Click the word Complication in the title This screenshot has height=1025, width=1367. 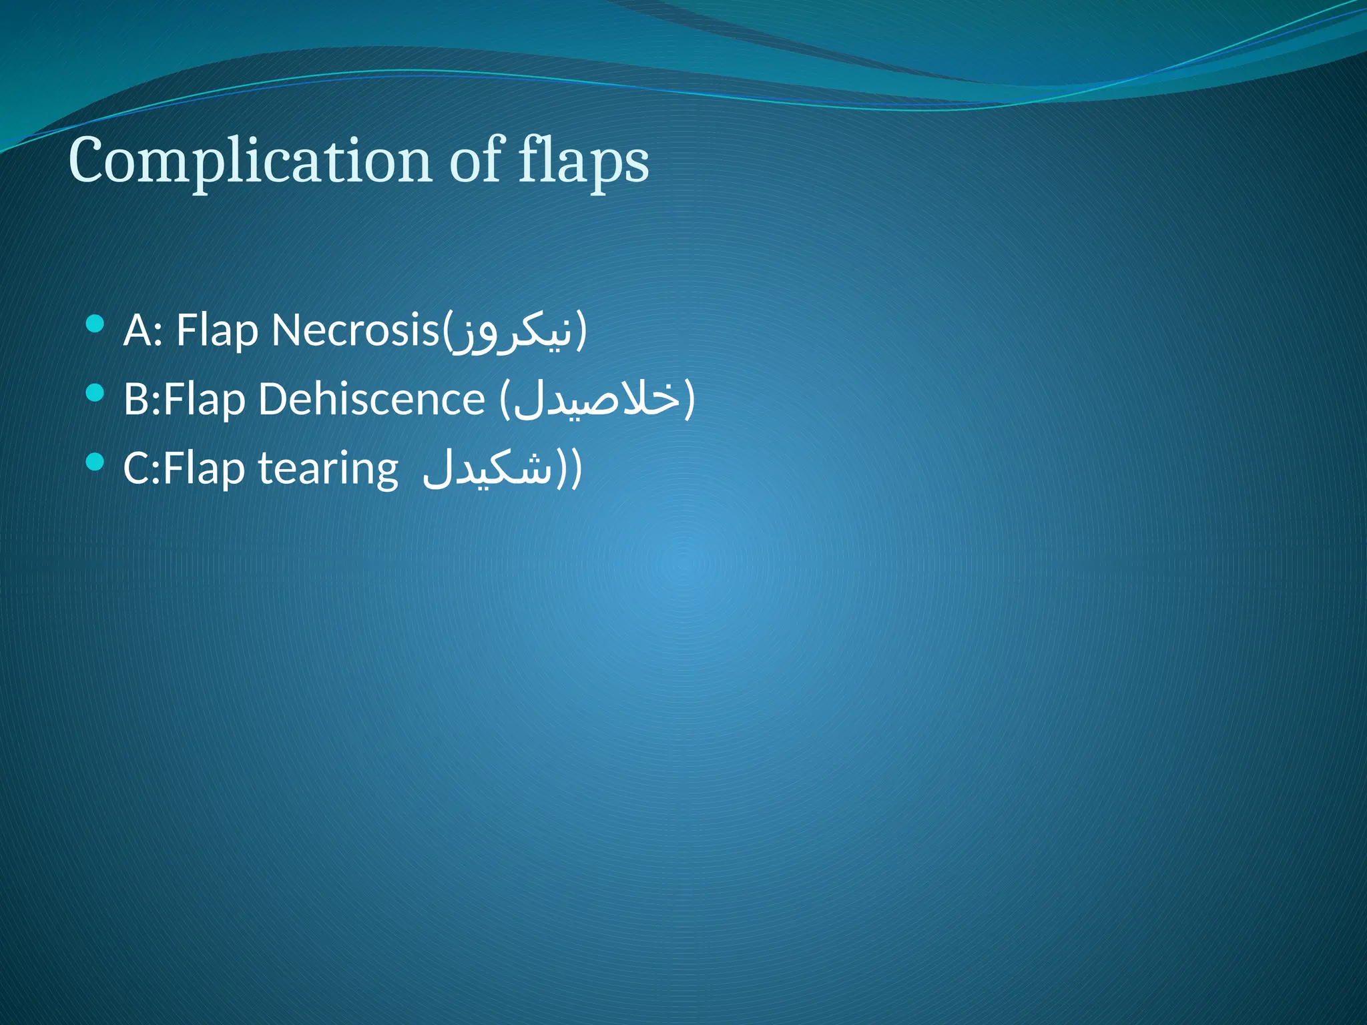[250, 161]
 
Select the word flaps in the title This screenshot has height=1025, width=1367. [583, 161]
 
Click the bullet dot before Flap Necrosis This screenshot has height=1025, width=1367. [95, 325]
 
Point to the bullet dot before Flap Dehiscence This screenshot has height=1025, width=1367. [95, 393]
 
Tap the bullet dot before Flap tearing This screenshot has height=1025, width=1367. [95, 462]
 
